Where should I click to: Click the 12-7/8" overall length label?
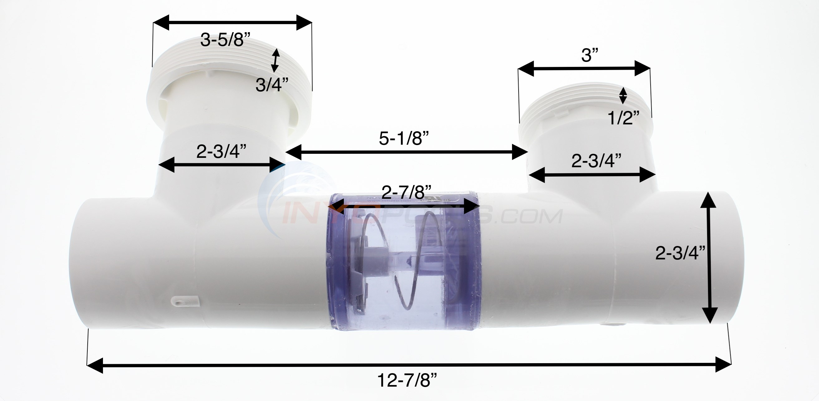coord(407,380)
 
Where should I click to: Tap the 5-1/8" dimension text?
coord(404,138)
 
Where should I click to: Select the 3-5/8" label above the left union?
coord(225,40)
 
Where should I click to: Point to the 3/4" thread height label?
coord(272,85)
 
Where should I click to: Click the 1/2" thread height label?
coord(623,118)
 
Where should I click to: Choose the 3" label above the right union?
coord(590,55)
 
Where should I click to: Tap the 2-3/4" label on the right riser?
coord(596,161)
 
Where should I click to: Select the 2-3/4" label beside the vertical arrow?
coord(680,253)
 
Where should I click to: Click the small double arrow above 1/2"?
coord(623,95)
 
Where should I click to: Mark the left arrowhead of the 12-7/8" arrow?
coord(95,365)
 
